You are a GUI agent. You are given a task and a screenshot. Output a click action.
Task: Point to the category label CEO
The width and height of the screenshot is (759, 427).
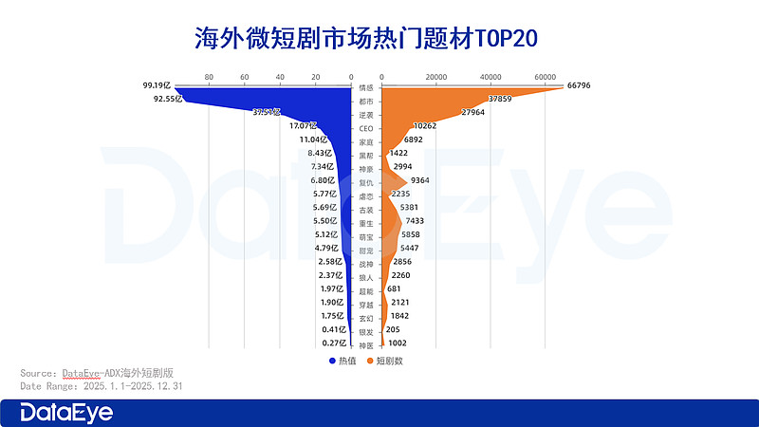[x=366, y=127]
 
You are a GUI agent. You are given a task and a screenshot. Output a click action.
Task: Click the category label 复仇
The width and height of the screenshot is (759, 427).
[x=366, y=181]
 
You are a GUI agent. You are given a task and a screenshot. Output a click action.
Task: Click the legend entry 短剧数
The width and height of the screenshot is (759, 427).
[x=387, y=361]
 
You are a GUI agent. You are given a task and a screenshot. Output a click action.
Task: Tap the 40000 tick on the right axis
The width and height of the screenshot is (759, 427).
[x=491, y=77]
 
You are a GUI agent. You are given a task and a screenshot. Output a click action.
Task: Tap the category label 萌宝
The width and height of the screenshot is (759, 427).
[x=366, y=235]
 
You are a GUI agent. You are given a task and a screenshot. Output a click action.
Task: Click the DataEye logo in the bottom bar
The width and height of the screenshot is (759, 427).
[x=66, y=413]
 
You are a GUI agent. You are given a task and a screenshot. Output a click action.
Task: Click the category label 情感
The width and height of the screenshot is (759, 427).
[x=366, y=87]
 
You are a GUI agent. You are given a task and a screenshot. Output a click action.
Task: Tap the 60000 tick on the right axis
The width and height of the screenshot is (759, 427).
[x=545, y=77]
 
